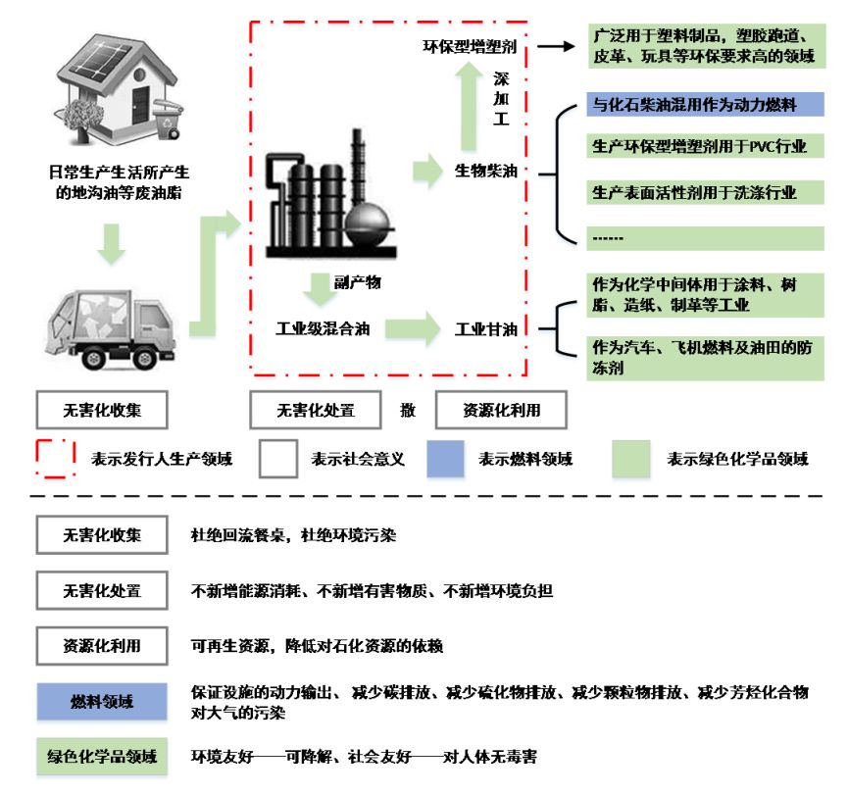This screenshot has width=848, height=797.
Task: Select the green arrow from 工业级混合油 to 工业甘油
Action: pyautogui.click(x=413, y=327)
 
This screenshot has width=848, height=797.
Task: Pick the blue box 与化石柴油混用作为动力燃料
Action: pyautogui.click(x=703, y=104)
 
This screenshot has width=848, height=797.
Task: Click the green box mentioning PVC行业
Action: pyautogui.click(x=703, y=147)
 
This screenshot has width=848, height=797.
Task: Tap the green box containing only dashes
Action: pyautogui.click(x=703, y=237)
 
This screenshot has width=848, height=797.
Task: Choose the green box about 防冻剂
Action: pyautogui.click(x=703, y=358)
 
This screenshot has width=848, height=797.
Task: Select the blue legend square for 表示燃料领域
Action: pyautogui.click(x=445, y=458)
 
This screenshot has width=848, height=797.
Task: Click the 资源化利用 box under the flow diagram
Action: pyautogui.click(x=501, y=410)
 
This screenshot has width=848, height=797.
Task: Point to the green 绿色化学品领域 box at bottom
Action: pyautogui.click(x=102, y=757)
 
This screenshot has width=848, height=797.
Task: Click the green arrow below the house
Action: pyautogui.click(x=113, y=244)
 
